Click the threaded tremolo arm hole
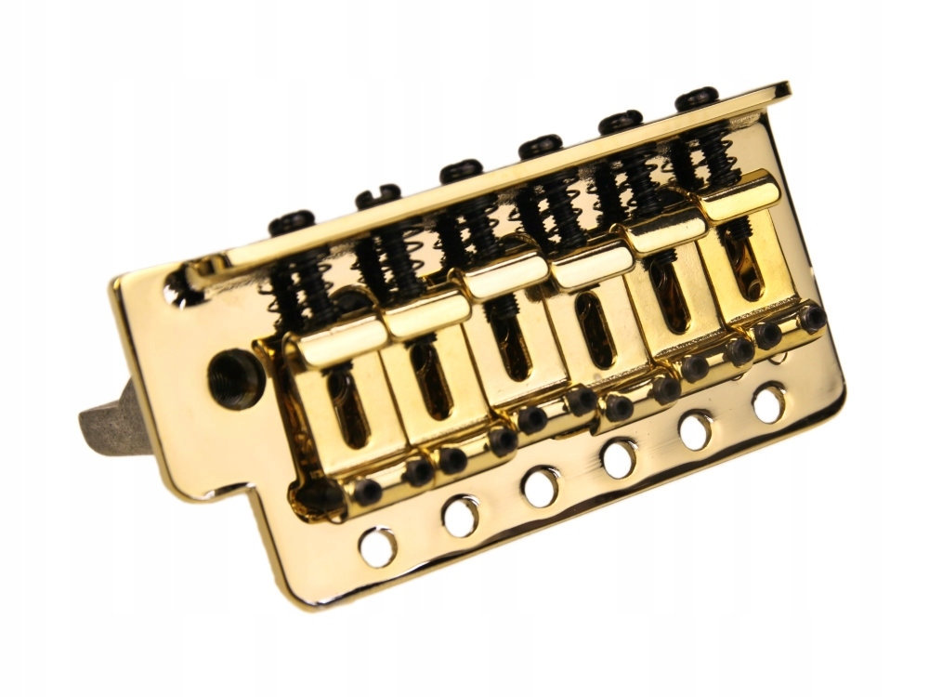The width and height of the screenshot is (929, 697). (230, 375)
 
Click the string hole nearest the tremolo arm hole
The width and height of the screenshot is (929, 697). (377, 546)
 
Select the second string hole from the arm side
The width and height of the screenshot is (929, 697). (461, 517)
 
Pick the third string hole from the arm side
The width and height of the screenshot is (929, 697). (541, 487)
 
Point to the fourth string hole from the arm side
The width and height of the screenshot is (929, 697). (619, 457)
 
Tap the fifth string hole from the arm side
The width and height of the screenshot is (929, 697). (695, 429)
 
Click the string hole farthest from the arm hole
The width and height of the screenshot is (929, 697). (769, 403)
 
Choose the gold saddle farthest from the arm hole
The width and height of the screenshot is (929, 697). (743, 251)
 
